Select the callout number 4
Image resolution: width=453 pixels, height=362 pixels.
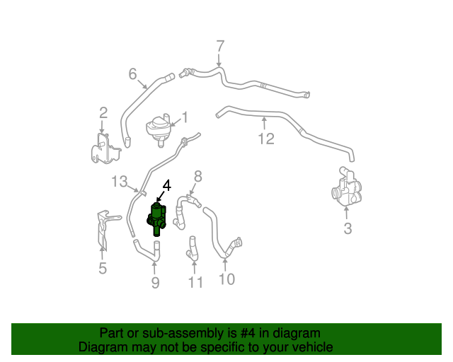point(166,186)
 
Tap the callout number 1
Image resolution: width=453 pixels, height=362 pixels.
point(185,117)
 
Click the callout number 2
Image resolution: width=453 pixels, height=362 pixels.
point(103,112)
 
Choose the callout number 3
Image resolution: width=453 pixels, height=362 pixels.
point(347,228)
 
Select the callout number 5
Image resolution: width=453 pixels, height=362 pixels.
point(103,268)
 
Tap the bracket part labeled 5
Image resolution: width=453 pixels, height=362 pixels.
point(103,226)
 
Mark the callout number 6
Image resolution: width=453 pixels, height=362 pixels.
point(132,74)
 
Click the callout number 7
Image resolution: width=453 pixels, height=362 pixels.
point(220,46)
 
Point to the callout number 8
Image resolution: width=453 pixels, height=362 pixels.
point(198,175)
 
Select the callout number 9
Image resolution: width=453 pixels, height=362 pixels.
point(155,283)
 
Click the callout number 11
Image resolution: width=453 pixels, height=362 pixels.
point(195,283)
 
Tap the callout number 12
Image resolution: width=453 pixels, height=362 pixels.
point(265,139)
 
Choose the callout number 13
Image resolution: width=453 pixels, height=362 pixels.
point(119,182)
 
